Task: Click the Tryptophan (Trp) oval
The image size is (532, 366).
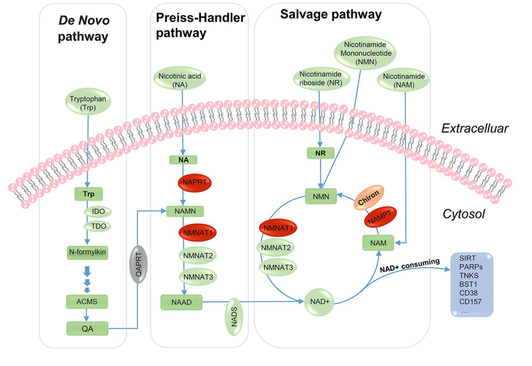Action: (88, 103)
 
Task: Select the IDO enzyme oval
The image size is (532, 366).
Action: (98, 212)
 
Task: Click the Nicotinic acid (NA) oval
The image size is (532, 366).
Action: (182, 81)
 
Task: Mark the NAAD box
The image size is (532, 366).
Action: (182, 302)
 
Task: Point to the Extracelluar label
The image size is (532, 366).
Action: (474, 129)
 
